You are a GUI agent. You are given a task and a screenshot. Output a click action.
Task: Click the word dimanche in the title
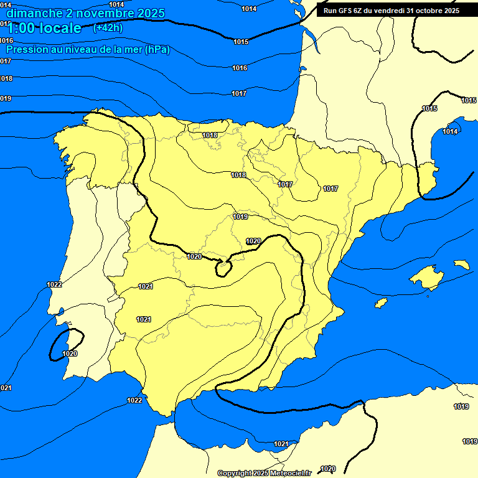pyautogui.click(x=34, y=13)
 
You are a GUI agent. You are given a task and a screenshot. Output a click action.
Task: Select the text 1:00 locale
pyautogui.click(x=44, y=28)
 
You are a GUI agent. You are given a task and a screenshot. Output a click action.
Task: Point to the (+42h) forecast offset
pyautogui.click(x=108, y=28)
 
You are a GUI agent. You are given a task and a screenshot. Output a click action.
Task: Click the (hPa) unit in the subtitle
pyautogui.click(x=157, y=49)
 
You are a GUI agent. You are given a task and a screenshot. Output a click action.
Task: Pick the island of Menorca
pyautogui.click(x=461, y=265)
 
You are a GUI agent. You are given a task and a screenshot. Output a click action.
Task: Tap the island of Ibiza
pyautogui.click(x=381, y=302)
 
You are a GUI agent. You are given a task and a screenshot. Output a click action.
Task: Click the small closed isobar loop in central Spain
pyautogui.click(x=222, y=268)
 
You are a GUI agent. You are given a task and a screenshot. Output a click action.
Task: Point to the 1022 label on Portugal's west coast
pyautogui.click(x=54, y=284)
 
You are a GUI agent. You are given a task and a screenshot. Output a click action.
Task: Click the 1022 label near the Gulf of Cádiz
pyautogui.click(x=134, y=400)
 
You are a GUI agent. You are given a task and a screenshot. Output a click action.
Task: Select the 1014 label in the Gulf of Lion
pyautogui.click(x=450, y=131)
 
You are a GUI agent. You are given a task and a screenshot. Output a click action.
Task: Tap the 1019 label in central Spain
pyautogui.click(x=240, y=217)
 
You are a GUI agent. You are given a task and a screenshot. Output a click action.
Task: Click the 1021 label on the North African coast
pyautogui.click(x=281, y=444)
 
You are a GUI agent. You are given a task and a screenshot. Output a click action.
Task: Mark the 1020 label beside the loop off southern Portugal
pyautogui.click(x=70, y=354)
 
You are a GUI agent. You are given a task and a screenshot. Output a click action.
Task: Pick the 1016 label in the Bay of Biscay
pyautogui.click(x=240, y=68)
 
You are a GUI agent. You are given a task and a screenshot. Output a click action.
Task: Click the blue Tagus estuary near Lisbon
pyautogui.click(x=61, y=312)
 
